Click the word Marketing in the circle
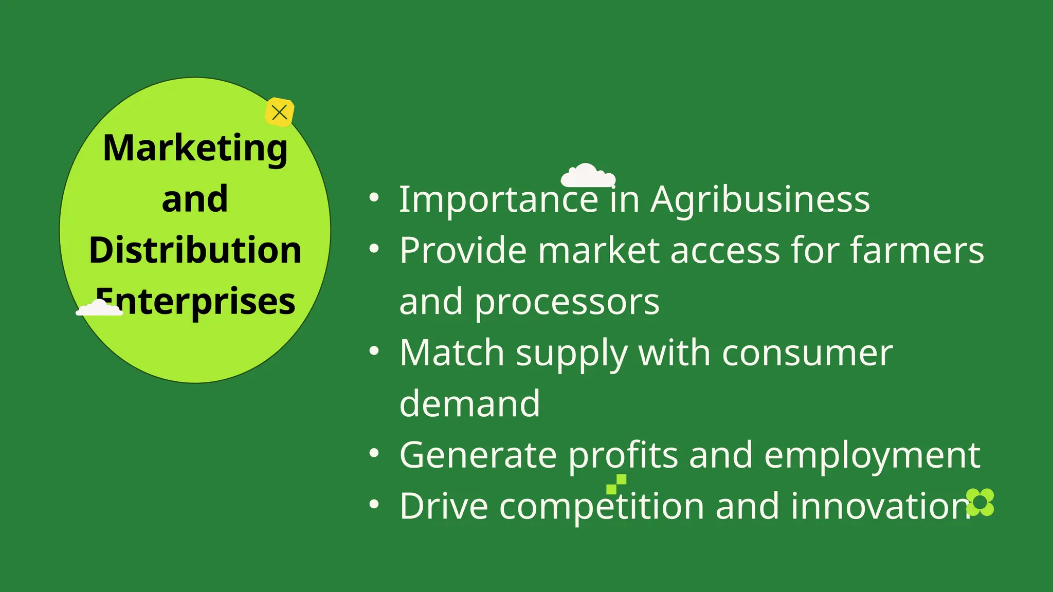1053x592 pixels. point(195,149)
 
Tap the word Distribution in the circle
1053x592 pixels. point(195,250)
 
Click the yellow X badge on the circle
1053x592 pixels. point(280,112)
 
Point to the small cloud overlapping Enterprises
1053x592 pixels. point(99,308)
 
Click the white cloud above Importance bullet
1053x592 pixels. point(588,176)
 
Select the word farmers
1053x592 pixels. point(917,250)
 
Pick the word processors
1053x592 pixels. point(567,302)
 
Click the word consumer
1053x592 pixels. point(807,353)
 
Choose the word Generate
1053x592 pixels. point(478,455)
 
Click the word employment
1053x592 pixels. point(872,455)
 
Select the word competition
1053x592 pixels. point(602,506)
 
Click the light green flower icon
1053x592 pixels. point(980,502)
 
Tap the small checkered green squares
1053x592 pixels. point(616,484)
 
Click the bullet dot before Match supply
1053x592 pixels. point(374,351)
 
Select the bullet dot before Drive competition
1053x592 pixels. point(374,505)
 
